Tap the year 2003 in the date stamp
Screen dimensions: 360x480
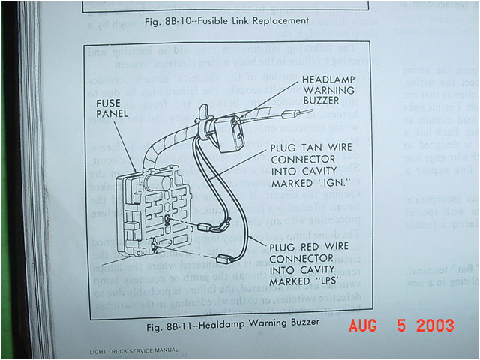tap(435, 325)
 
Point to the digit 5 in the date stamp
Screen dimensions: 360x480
tap(402, 325)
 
